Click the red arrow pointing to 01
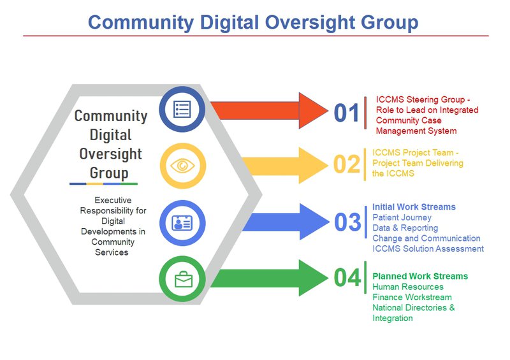point(269,111)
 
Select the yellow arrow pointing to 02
point(285,165)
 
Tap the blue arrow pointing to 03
point(286,222)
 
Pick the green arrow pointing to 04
point(269,278)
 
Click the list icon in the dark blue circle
point(182,109)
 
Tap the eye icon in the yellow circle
point(182,166)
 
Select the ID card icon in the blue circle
point(182,223)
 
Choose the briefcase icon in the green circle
point(184,279)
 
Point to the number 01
point(346,113)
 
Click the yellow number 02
point(347,164)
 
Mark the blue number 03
point(347,222)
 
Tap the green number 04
point(347,278)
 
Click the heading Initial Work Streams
point(414,207)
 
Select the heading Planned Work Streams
point(420,276)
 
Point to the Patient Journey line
point(402,217)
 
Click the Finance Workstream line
point(412,297)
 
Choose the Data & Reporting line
point(405,227)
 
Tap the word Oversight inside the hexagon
point(110,154)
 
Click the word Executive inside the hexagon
point(113,200)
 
